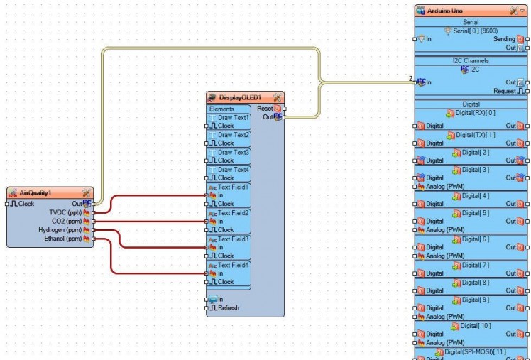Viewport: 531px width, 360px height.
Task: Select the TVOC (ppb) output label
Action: tap(65, 212)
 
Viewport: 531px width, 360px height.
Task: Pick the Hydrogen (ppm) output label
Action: tap(60, 230)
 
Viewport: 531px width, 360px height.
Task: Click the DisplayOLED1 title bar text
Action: tap(240, 97)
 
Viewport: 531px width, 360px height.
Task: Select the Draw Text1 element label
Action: tap(234, 117)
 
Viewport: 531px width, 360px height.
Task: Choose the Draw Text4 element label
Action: tap(234, 170)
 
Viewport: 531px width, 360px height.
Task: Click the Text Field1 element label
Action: tap(234, 187)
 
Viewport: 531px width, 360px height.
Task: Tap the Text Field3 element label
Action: tap(234, 239)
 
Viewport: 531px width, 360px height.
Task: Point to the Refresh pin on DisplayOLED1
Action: tap(229, 308)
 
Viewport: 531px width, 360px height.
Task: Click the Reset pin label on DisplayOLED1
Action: tap(264, 109)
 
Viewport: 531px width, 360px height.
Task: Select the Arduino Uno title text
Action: tap(450, 12)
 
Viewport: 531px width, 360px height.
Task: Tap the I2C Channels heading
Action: tap(471, 61)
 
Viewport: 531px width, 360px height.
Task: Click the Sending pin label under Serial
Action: tap(504, 39)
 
